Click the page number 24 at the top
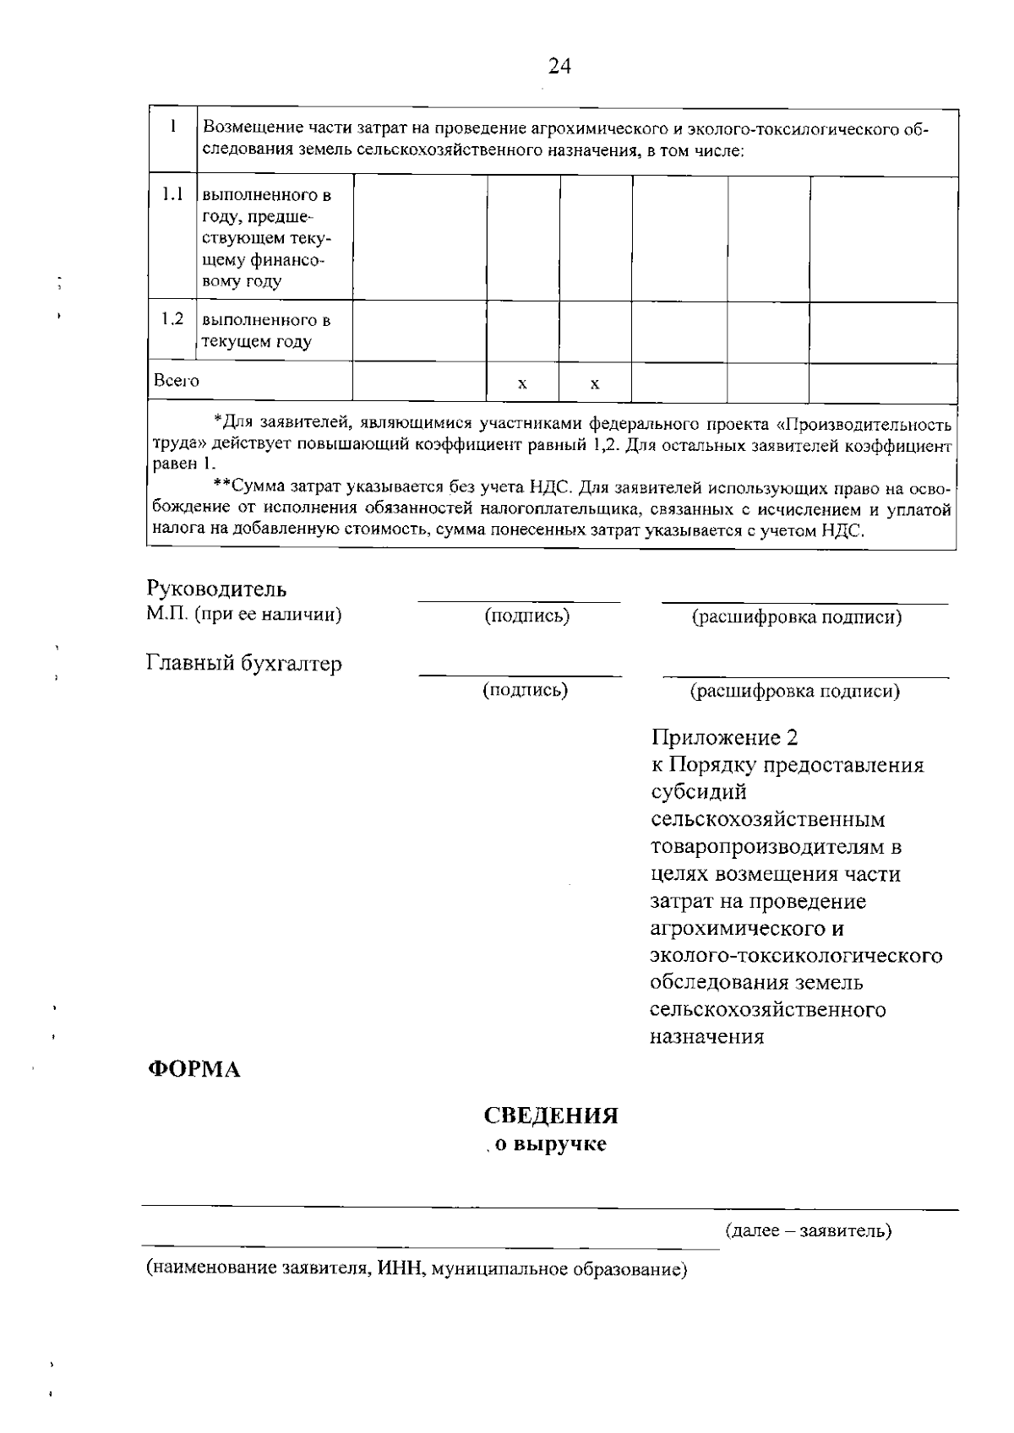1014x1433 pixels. [x=559, y=66]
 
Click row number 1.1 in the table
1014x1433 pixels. [x=172, y=195]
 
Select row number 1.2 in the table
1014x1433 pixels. [x=172, y=319]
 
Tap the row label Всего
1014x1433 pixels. [x=177, y=381]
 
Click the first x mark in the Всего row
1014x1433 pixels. [x=522, y=384]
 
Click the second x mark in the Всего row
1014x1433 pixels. [x=595, y=384]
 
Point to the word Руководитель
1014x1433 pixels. [x=216, y=589]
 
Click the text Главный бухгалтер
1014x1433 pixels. [x=244, y=664]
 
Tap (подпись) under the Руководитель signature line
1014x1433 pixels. [x=526, y=616]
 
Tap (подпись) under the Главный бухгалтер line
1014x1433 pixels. [x=525, y=691]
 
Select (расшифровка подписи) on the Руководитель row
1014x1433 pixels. [x=797, y=617]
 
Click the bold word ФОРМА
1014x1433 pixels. [x=194, y=1069]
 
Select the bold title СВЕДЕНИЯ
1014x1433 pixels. [x=551, y=1115]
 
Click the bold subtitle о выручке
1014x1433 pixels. [x=550, y=1146]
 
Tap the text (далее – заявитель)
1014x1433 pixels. [x=808, y=1230]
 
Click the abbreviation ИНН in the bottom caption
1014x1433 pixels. [x=398, y=1268]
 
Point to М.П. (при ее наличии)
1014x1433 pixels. [x=244, y=614]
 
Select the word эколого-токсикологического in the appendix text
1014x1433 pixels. [x=795, y=955]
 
